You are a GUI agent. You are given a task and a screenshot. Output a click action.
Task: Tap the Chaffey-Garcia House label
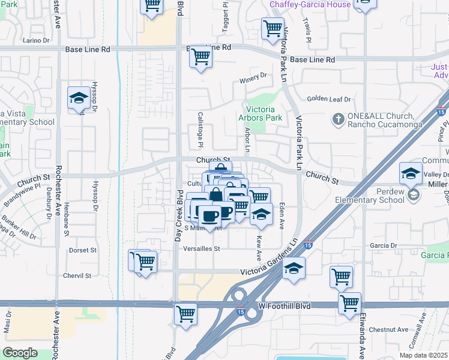310,4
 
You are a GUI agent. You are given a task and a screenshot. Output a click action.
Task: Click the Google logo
20,353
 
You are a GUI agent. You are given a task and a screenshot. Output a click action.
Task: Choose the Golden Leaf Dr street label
328,99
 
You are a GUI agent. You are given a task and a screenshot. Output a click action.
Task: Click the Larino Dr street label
36,40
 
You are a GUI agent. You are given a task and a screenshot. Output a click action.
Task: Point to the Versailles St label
202,248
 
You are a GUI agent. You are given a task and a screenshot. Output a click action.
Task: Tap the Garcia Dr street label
384,245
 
